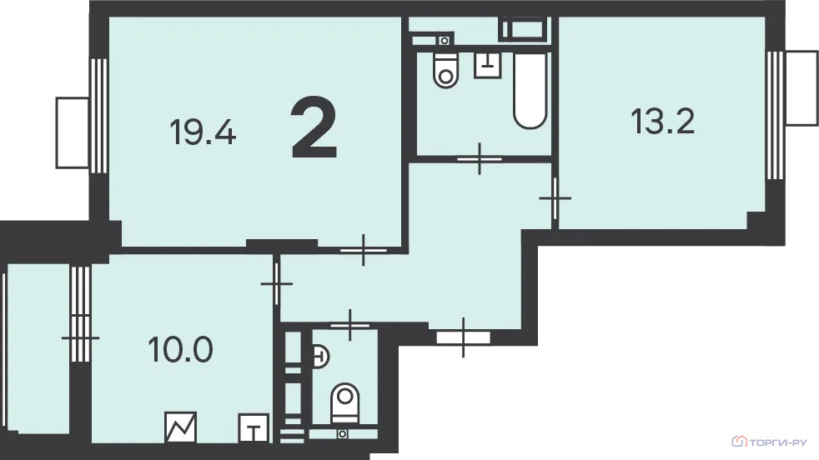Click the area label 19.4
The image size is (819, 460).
203,132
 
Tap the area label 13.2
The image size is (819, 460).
662,121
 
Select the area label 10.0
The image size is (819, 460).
180,349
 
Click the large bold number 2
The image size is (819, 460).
314,128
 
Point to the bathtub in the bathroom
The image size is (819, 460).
530,90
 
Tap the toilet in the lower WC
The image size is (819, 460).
344,403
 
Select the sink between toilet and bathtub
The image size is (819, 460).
487,65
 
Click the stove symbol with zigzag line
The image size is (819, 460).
181,427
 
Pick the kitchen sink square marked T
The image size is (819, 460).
254,428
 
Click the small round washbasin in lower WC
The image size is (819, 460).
319,357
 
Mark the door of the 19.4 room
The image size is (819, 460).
363,250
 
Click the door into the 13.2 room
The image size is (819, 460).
555,198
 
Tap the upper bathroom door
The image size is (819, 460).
480,158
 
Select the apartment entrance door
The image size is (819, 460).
464,337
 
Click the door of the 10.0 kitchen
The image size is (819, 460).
276,283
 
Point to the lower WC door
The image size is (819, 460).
350,325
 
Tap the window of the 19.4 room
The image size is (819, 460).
98,115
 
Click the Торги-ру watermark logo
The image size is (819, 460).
769,442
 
